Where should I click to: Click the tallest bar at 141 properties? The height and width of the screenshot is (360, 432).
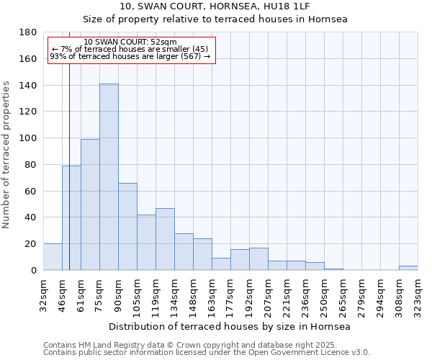109,177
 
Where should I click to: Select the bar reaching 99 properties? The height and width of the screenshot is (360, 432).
90,204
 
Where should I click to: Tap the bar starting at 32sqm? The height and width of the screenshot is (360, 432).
53,257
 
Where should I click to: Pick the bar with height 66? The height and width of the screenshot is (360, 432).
127,227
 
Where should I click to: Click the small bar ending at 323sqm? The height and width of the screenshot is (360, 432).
408,268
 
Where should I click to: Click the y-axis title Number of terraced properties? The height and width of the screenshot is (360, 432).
7,155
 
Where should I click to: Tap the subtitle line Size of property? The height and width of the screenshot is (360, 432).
215,19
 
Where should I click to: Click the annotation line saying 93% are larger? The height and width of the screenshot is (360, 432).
130,56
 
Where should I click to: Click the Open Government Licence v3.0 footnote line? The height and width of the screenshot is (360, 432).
207,352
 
